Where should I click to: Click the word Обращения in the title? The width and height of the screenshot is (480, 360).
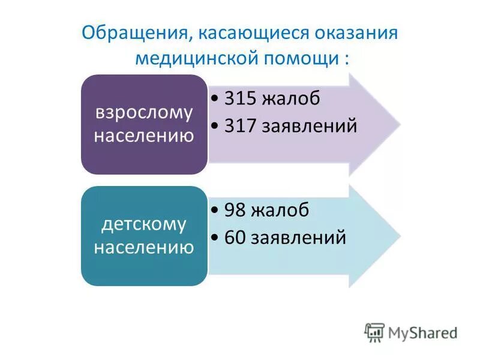click(x=133, y=31)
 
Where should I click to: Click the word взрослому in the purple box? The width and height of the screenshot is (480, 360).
click(x=144, y=112)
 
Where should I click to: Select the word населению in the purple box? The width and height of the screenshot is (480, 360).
click(x=144, y=136)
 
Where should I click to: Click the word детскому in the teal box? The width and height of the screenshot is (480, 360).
click(x=144, y=224)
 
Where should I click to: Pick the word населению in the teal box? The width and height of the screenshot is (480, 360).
click(x=144, y=247)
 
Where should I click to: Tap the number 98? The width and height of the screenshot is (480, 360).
click(x=235, y=210)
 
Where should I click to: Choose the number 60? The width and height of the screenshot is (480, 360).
click(x=235, y=237)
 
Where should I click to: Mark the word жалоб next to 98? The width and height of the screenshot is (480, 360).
click(x=280, y=210)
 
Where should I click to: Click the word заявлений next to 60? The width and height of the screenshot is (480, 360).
click(x=298, y=238)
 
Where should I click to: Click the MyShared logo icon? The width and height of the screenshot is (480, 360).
click(x=375, y=332)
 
